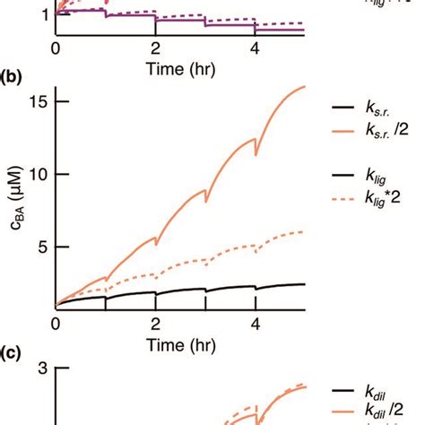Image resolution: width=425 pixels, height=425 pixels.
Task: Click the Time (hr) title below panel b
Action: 155,343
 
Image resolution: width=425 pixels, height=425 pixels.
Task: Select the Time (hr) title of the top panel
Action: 155,67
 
